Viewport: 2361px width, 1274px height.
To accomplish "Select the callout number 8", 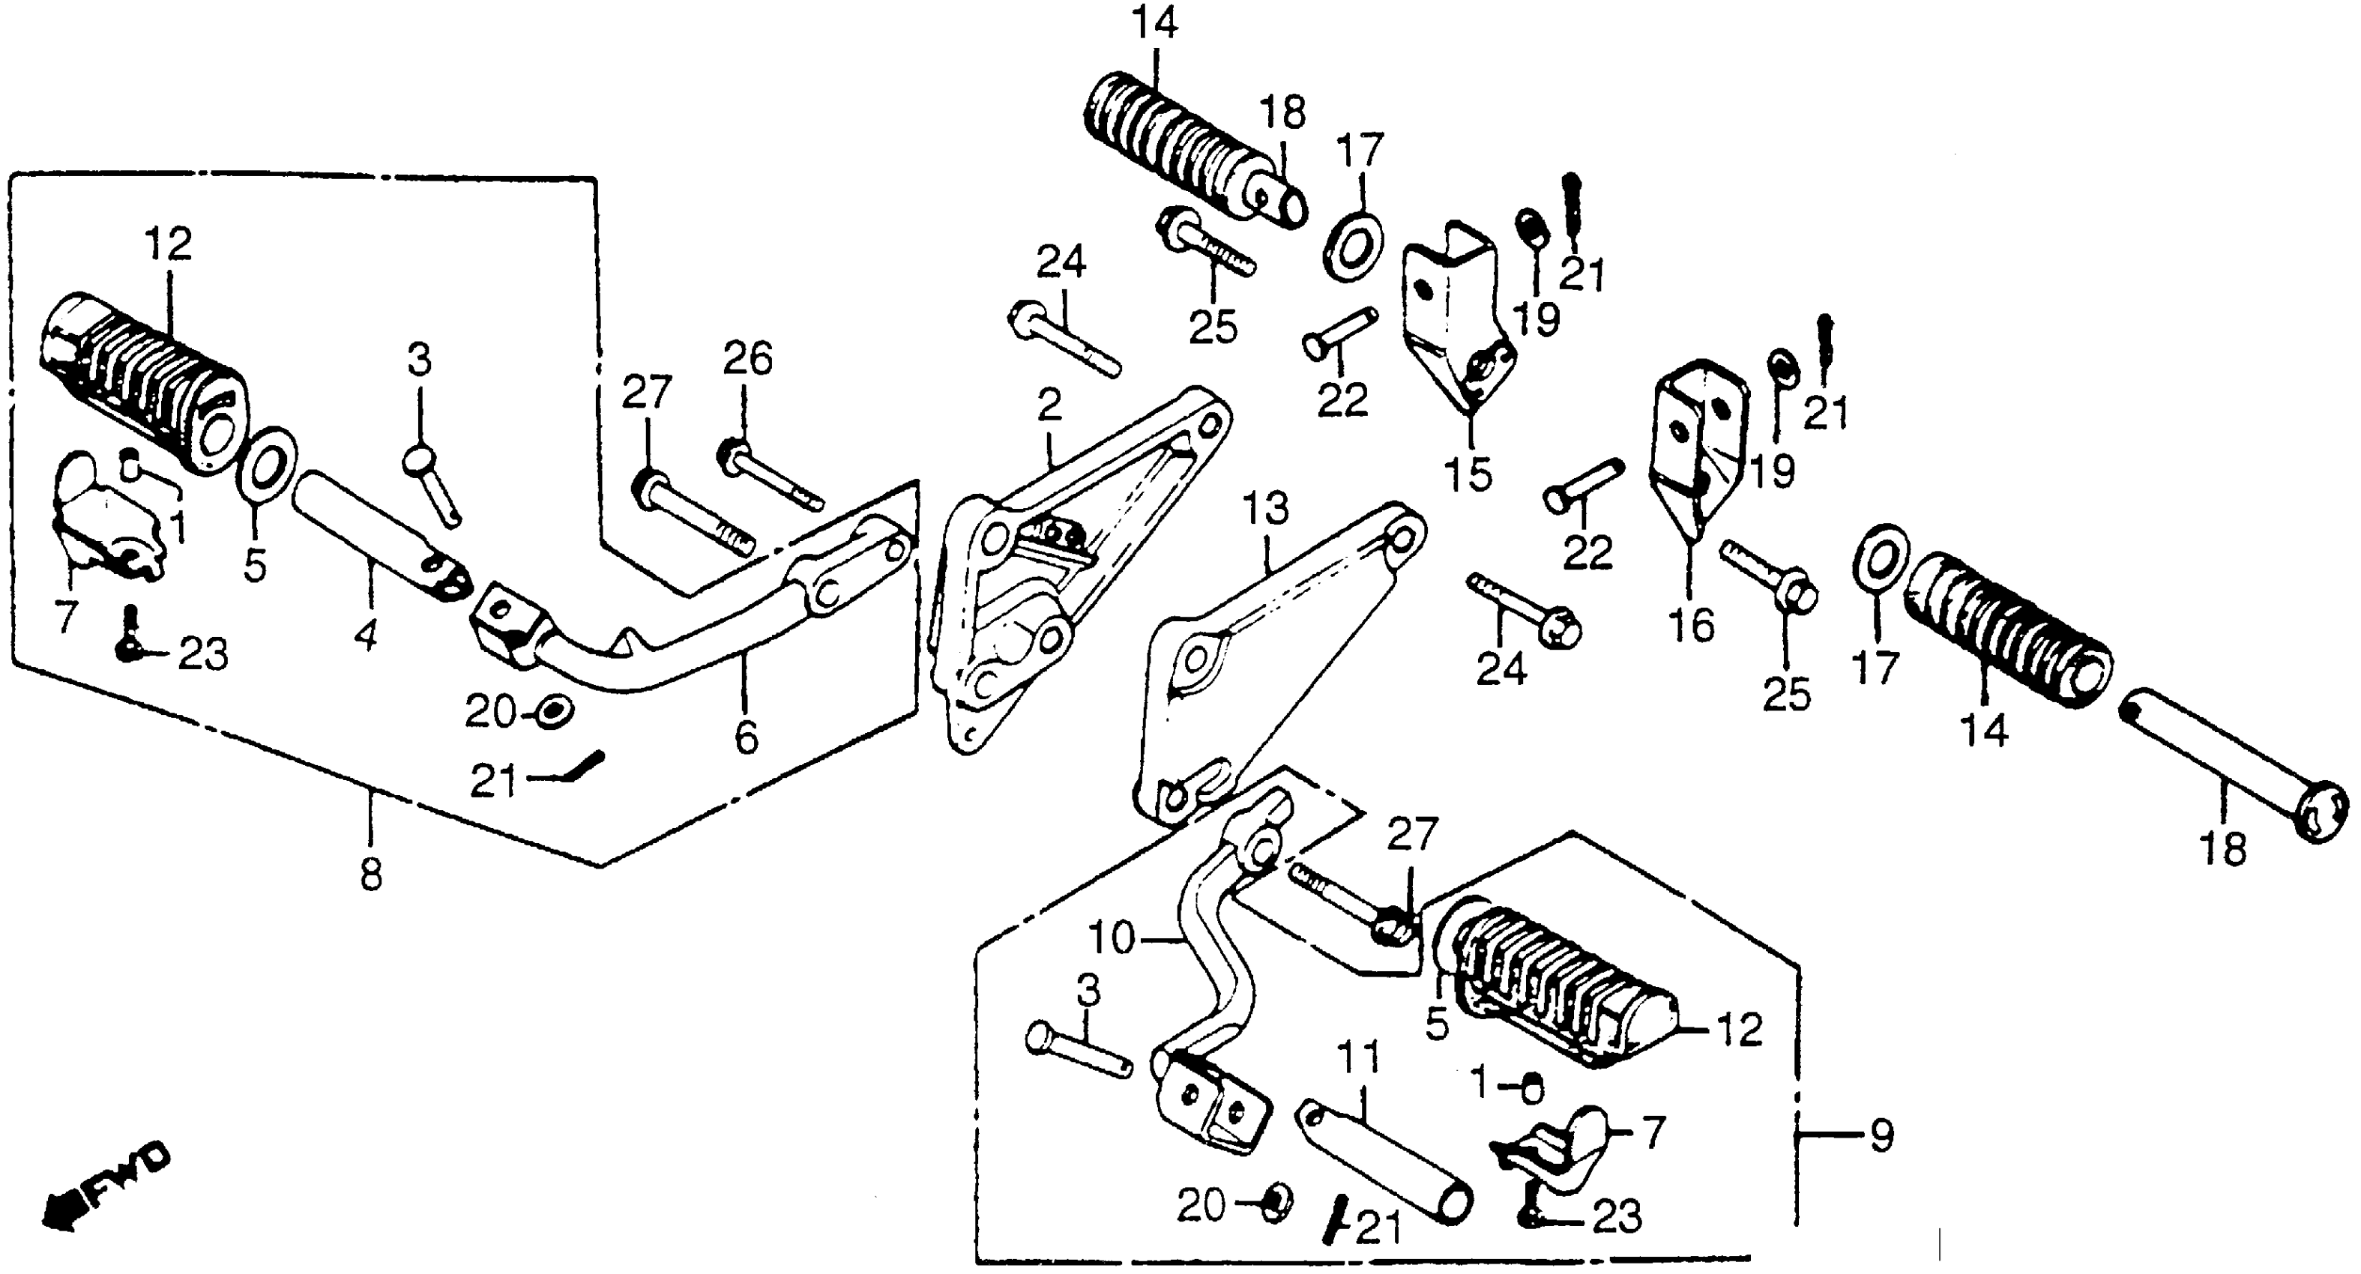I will pos(370,875).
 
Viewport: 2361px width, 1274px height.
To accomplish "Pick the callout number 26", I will pos(748,359).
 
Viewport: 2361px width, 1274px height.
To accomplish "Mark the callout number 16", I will pos(1691,626).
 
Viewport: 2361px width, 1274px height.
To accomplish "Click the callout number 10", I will pos(1112,938).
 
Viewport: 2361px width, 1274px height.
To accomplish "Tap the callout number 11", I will pos(1358,1060).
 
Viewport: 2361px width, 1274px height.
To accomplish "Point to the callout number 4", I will pos(366,633).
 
